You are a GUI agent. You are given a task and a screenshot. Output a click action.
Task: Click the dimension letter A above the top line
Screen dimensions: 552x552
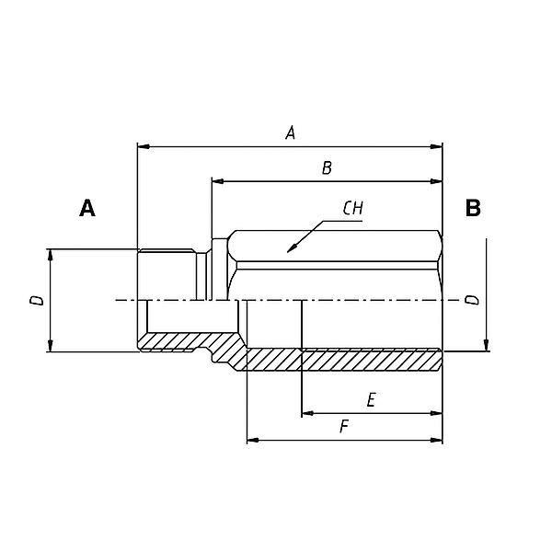[x=290, y=133]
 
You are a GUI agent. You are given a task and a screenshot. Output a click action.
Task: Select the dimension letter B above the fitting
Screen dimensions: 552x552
[x=327, y=168]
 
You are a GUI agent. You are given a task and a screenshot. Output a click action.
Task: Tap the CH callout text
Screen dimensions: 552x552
[x=352, y=209]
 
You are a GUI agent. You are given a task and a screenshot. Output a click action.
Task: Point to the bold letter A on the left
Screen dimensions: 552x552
[x=87, y=209]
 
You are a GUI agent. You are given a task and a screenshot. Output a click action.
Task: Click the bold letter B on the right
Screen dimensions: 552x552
[x=473, y=209]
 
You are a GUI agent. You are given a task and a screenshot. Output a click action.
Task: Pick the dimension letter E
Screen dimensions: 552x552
[x=371, y=400]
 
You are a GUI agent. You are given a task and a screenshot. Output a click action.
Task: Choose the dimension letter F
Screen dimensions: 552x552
[x=343, y=427]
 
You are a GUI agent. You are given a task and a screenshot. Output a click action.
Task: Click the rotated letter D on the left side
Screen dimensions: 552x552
[x=35, y=300]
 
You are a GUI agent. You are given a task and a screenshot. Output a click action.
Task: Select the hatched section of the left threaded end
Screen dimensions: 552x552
[x=170, y=341]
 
